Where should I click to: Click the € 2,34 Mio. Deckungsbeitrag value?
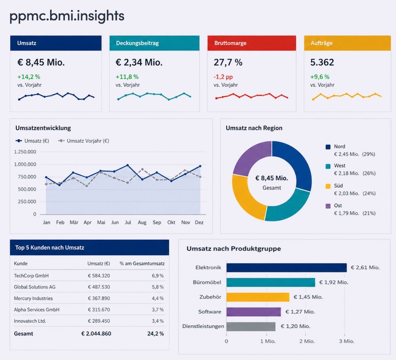coord(139,62)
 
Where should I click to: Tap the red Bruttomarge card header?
coord(251,43)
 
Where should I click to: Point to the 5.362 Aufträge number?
coord(322,62)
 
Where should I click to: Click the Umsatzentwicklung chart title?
coord(43,128)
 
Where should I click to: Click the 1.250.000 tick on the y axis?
coord(25,152)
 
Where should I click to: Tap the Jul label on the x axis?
coord(128,223)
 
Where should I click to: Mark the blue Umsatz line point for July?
coord(128,165)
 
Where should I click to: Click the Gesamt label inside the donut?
coord(272,188)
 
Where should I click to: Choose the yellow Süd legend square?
coord(328,186)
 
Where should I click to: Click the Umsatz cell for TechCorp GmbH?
coord(99,276)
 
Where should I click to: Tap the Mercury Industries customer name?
coord(33,298)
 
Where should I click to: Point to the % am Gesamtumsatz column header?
coord(142,264)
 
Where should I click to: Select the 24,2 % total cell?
coord(156,333)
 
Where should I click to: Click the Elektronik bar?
coord(286,267)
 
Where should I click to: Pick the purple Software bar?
coord(253,312)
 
